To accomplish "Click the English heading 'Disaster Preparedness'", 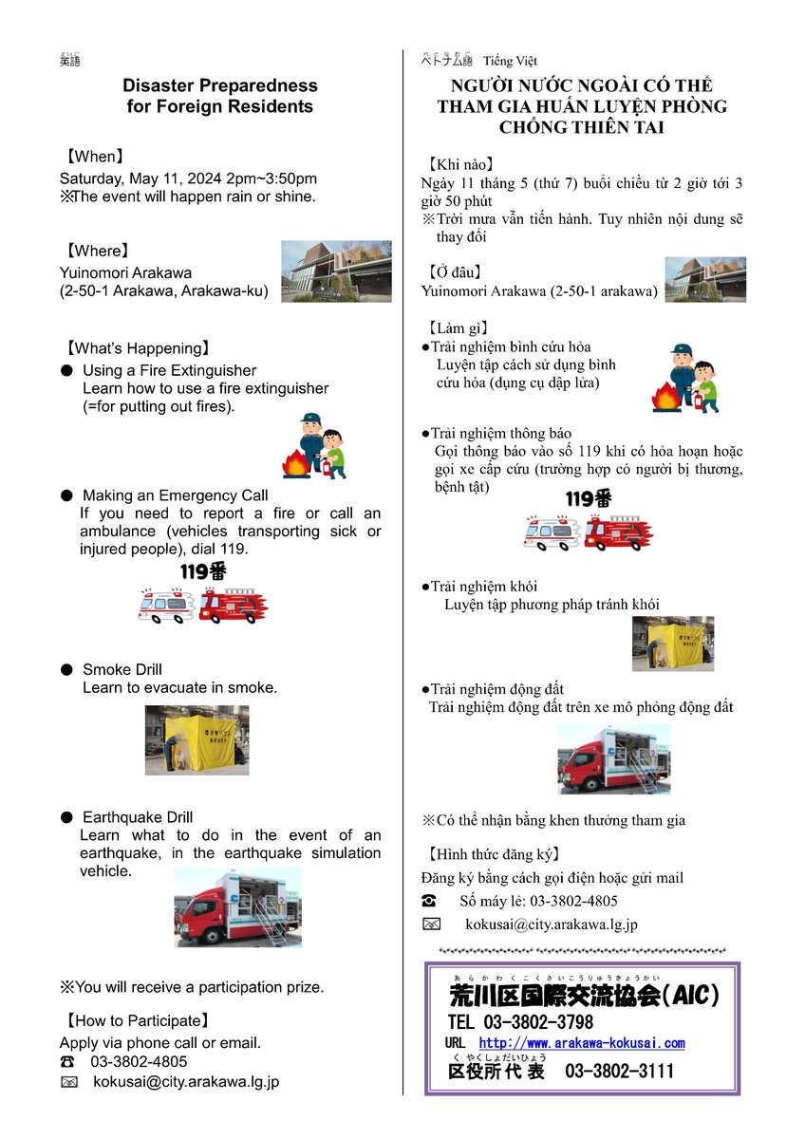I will [220, 85].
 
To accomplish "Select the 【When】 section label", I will [94, 157].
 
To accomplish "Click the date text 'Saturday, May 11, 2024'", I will [140, 178].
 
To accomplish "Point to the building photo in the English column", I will [336, 271].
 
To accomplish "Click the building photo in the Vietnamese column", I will [704, 279].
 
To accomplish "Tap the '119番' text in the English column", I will [204, 572].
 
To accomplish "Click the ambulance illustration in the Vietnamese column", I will [551, 532].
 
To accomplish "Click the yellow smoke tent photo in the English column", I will [197, 739].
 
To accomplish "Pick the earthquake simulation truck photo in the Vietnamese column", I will [613, 758].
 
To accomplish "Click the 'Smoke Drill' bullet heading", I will [122, 669].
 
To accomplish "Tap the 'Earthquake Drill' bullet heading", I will [138, 817].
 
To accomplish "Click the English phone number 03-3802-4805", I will [139, 1061].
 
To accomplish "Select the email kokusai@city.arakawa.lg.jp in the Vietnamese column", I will [551, 924].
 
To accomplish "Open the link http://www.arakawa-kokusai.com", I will [581, 1043].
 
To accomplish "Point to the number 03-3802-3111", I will [620, 1072].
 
